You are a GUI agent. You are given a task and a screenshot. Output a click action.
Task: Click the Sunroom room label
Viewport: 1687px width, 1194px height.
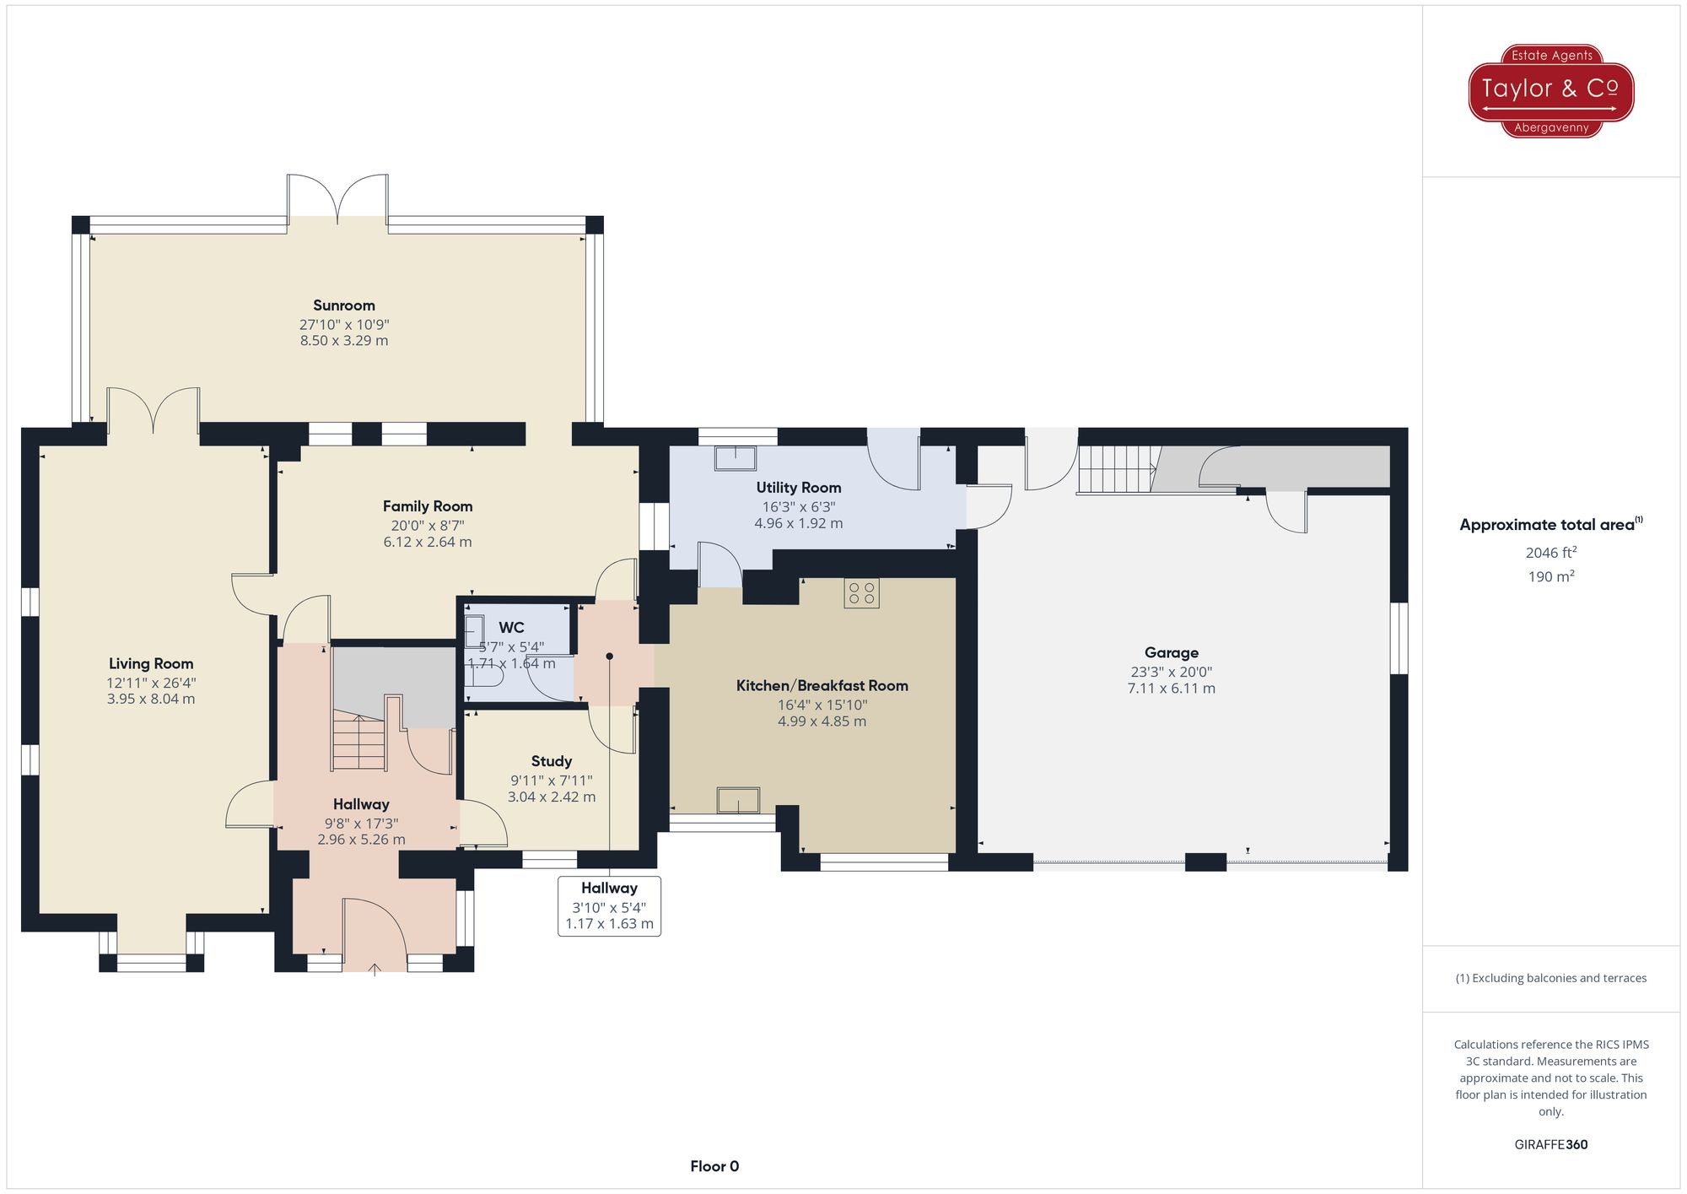tap(343, 305)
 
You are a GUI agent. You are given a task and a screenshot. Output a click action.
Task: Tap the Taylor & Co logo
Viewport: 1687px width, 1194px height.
tap(1550, 90)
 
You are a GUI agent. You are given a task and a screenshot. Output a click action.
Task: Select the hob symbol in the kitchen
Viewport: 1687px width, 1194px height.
tap(861, 592)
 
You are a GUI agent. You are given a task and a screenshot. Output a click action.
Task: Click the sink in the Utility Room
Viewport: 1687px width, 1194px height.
tap(735, 458)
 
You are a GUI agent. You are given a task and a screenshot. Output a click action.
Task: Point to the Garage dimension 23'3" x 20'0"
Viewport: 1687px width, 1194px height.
tap(1171, 672)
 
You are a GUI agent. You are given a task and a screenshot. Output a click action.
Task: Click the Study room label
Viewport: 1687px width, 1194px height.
tap(551, 761)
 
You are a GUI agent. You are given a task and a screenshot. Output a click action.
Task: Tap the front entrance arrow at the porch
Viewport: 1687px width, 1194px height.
tap(375, 970)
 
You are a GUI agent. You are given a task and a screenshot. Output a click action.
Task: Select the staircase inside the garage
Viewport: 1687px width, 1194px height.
tap(1115, 469)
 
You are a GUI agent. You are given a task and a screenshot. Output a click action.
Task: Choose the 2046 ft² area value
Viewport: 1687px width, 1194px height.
tap(1550, 553)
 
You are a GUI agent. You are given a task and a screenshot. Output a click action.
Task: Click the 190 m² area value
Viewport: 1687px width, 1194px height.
tap(1550, 576)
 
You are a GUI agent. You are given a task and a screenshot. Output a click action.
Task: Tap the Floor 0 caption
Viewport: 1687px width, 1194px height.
tap(714, 1166)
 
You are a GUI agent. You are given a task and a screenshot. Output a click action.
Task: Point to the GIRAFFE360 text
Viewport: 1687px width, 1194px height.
tap(1550, 1144)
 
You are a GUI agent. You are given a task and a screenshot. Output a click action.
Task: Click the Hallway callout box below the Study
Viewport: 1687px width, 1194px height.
tap(609, 905)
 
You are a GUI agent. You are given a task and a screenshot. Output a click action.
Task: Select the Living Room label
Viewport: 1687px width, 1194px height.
tap(151, 664)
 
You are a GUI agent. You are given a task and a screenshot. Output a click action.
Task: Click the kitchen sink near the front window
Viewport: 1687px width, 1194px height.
tap(738, 799)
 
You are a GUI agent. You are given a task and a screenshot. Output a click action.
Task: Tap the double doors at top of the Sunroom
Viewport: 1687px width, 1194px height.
tap(337, 199)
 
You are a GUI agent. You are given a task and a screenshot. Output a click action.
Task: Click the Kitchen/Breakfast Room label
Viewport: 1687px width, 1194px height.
tap(822, 686)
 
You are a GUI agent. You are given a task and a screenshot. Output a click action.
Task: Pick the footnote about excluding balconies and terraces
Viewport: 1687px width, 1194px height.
tap(1550, 978)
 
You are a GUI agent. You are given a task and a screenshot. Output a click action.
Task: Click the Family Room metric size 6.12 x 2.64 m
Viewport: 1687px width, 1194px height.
tap(427, 542)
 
